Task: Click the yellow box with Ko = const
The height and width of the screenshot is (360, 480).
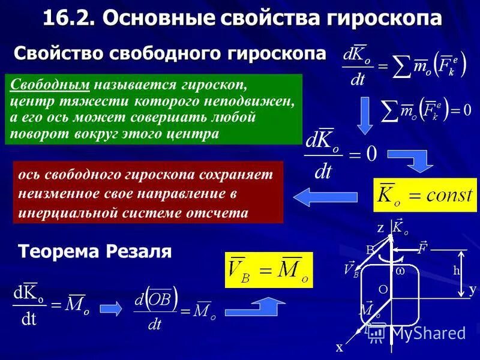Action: coord(424,195)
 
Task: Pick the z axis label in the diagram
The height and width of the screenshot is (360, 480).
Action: coord(380,229)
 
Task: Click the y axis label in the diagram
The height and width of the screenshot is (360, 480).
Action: coord(472,289)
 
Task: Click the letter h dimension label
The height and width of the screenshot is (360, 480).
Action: coord(457,271)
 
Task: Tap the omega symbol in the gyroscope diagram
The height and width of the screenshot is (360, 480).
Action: coord(400,271)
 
